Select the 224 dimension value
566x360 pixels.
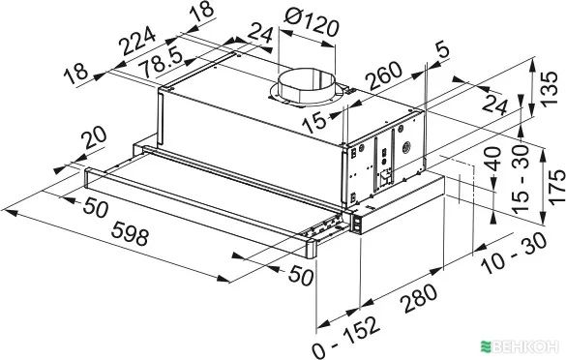click(138, 42)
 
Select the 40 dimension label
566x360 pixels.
click(493, 159)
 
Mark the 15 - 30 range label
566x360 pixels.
click(521, 178)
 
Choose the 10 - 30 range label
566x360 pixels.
click(515, 254)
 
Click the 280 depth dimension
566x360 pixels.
click(420, 298)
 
